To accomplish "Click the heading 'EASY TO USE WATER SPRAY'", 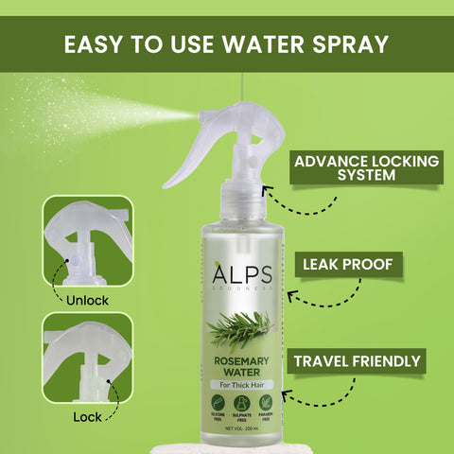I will (x=227, y=44).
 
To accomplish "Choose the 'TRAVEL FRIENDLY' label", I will (x=358, y=361).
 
